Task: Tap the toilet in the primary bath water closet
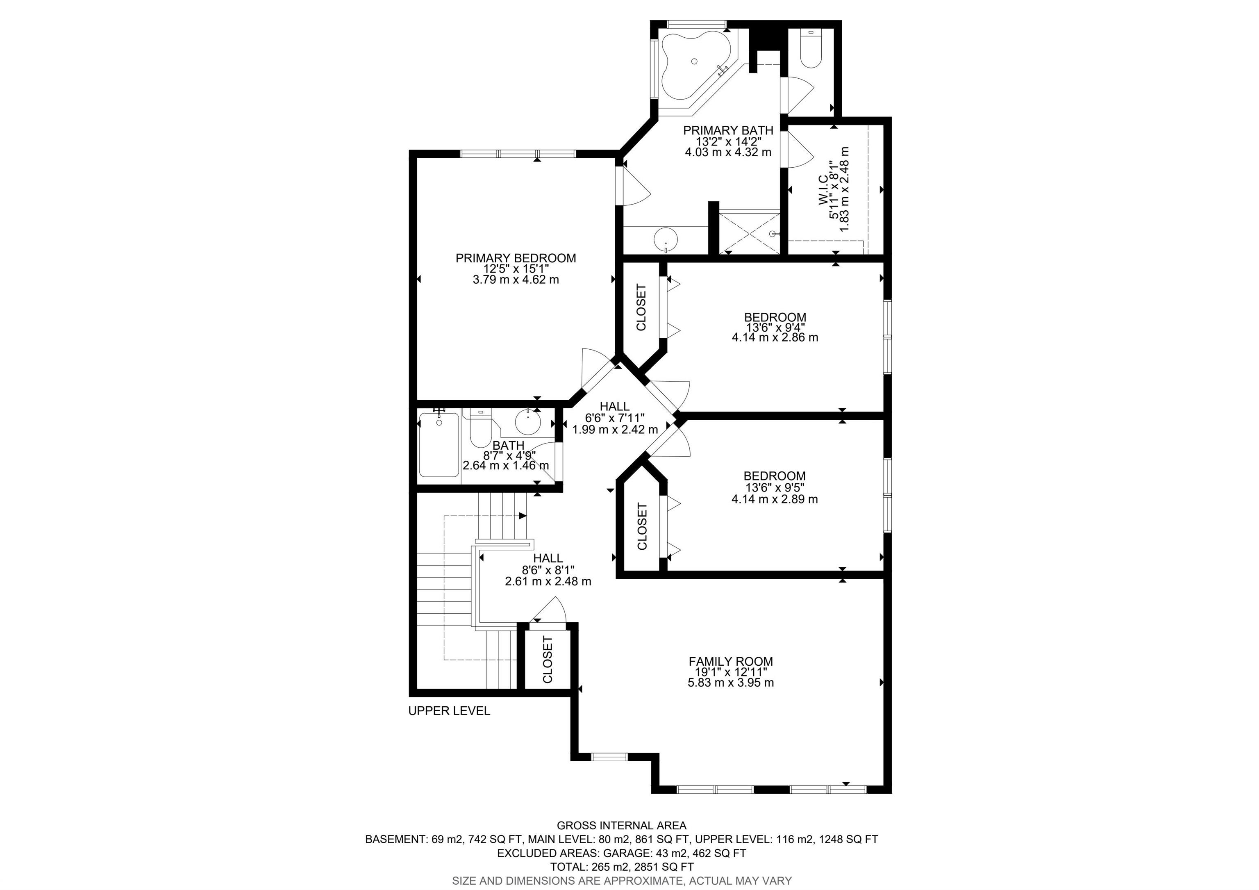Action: [811, 49]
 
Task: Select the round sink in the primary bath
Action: [665, 240]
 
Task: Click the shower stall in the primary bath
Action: [749, 232]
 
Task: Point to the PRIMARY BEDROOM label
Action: [516, 258]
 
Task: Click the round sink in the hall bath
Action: [527, 421]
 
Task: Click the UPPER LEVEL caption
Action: [449, 711]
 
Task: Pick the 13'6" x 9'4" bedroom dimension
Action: [775, 328]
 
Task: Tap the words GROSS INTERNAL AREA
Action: [621, 825]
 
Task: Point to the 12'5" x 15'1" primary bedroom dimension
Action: [516, 269]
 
